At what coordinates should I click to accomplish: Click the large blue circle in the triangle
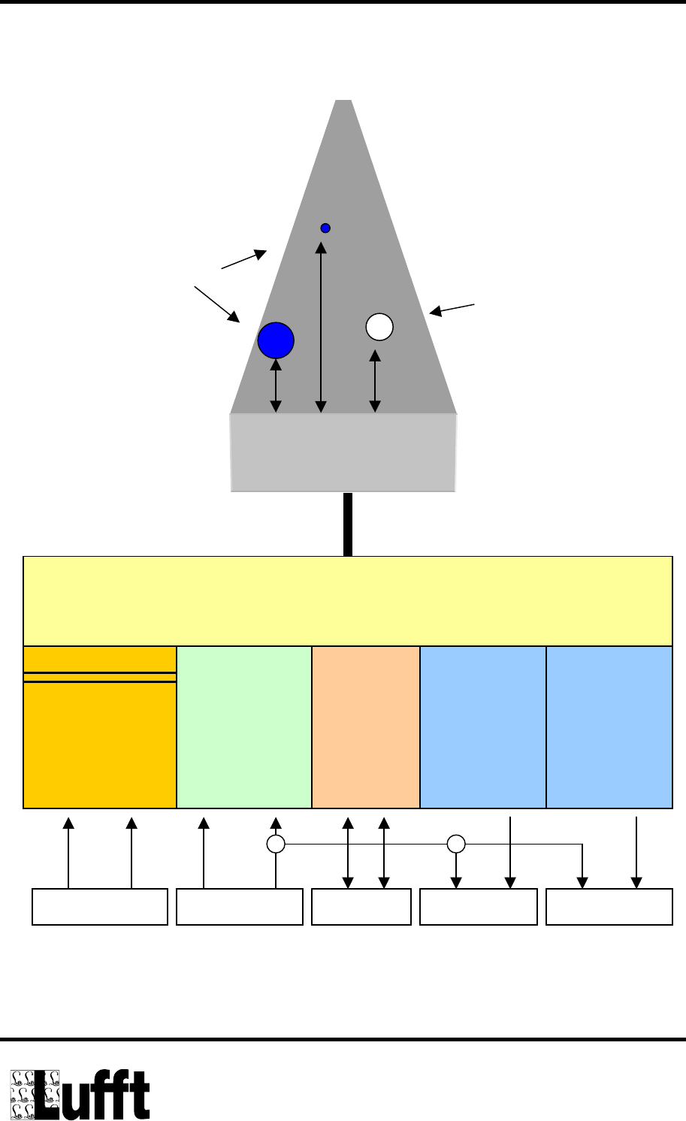(276, 340)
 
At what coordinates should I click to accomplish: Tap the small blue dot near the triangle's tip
(325, 228)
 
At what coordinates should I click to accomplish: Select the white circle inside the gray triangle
(379, 327)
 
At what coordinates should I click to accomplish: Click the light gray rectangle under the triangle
(343, 452)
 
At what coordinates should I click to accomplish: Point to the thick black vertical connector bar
(347, 524)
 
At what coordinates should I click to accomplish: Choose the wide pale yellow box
(348, 600)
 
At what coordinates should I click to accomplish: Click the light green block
(244, 727)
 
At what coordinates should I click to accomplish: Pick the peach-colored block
(366, 727)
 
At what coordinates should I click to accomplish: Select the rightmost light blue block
(609, 727)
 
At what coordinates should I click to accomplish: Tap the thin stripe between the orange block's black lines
(100, 677)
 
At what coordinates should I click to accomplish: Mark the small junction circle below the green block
(276, 844)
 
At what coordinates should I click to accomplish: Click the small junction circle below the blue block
(456, 844)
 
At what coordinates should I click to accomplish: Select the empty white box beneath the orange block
(100, 906)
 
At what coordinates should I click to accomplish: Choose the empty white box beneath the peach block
(361, 906)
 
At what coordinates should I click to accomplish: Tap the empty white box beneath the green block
(240, 906)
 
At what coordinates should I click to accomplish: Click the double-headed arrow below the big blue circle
(276, 386)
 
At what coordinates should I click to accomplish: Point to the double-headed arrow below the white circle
(375, 382)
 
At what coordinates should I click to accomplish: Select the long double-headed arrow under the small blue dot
(321, 328)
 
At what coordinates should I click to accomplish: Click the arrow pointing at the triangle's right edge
(452, 308)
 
